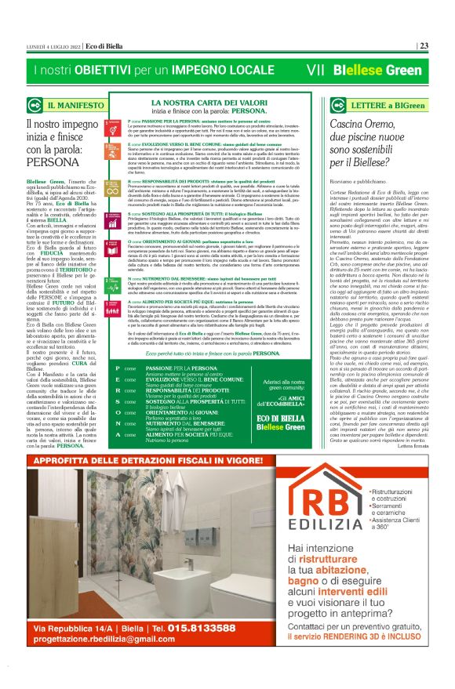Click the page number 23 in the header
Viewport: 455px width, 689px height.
click(424, 45)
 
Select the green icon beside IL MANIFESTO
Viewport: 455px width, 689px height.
click(35, 104)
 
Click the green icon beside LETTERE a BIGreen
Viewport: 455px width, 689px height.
click(318, 104)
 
